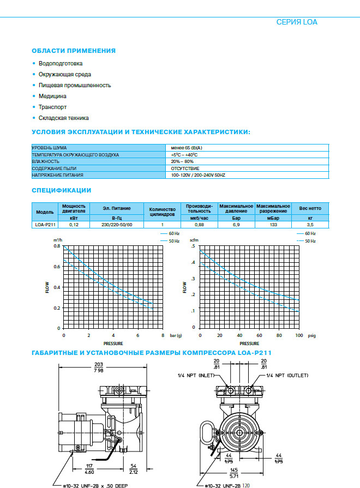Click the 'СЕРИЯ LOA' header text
coord(297,22)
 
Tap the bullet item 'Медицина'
coord(52,96)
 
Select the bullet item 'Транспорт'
coord(52,107)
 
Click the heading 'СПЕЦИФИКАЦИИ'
coord(62,190)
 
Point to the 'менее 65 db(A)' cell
coord(187,148)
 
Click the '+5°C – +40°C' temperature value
coord(184,155)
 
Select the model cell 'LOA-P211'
coord(45,225)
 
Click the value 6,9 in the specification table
coord(237,225)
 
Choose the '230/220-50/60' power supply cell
coord(116,225)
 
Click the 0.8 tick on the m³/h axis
coord(57,246)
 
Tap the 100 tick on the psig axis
coord(298,335)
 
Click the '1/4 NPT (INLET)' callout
coord(196,376)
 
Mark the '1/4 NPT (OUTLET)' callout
coord(287,376)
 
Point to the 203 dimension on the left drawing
coord(98,364)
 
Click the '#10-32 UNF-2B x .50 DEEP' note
coord(98,484)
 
